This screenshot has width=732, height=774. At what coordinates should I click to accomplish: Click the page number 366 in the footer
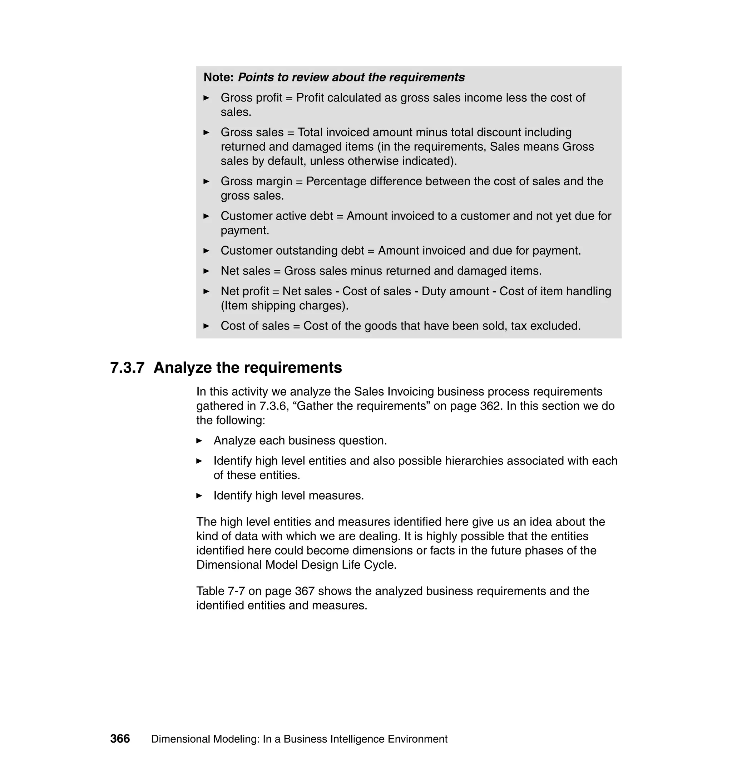(120, 739)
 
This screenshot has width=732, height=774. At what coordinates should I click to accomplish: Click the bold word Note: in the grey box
(218, 77)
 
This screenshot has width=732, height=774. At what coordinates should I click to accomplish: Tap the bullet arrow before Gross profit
(207, 98)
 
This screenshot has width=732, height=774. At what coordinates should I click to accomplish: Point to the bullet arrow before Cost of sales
(207, 326)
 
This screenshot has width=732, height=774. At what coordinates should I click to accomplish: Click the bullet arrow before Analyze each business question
(199, 441)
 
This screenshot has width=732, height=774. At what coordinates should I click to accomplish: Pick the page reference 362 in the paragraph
(490, 406)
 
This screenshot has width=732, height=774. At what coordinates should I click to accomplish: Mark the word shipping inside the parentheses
(273, 306)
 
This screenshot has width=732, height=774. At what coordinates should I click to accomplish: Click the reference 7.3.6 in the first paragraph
(273, 406)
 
